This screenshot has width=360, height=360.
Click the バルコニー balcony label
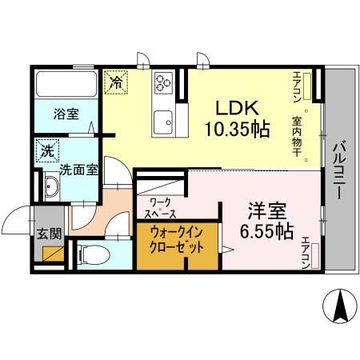coord(338,160)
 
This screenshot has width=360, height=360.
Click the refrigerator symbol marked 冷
coord(115,82)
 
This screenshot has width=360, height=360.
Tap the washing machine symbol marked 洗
coord(46,150)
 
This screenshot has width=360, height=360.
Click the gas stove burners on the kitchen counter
coord(164,82)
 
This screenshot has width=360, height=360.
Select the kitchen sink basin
coord(165,121)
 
